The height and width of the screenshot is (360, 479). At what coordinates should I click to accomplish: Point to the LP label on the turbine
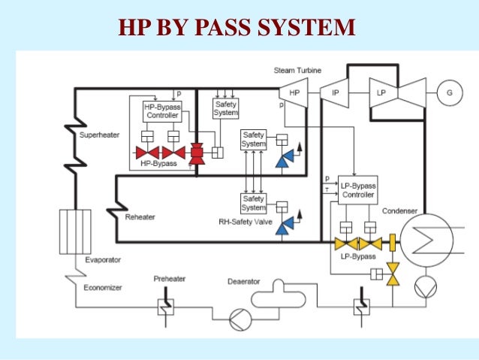[380, 92]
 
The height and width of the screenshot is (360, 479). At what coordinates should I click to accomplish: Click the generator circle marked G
[449, 92]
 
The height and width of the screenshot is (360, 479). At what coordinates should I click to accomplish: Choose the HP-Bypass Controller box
[161, 111]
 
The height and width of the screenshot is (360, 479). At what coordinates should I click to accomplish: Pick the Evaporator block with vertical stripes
[75, 232]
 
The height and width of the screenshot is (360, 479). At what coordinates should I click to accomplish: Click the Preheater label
[170, 277]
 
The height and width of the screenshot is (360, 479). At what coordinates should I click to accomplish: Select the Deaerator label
[243, 282]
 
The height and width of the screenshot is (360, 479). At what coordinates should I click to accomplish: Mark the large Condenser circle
[422, 242]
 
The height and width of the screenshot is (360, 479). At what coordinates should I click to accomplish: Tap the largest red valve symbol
[197, 152]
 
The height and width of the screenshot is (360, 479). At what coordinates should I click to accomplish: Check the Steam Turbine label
[297, 70]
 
